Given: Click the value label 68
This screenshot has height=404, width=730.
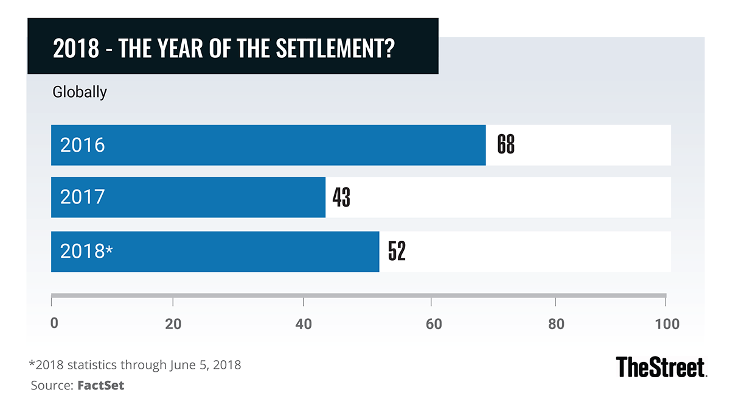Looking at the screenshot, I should pyautogui.click(x=506, y=145).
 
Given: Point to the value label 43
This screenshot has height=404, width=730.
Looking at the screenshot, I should pyautogui.click(x=341, y=197).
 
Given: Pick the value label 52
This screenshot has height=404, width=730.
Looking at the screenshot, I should pyautogui.click(x=396, y=252).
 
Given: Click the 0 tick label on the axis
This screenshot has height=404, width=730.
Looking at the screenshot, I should pyautogui.click(x=54, y=324).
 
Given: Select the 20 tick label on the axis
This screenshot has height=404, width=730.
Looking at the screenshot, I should pyautogui.click(x=173, y=324).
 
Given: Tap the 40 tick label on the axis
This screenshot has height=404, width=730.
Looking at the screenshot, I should pyautogui.click(x=304, y=324).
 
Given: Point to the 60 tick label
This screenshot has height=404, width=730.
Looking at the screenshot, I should pyautogui.click(x=433, y=324).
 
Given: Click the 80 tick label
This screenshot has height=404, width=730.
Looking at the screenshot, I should pyautogui.click(x=556, y=324).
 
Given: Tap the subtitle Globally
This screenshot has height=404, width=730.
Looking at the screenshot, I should pyautogui.click(x=80, y=92).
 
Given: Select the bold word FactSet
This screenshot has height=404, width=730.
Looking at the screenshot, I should pyautogui.click(x=101, y=386).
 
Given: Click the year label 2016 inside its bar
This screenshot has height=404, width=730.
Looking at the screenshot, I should pyautogui.click(x=83, y=146).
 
